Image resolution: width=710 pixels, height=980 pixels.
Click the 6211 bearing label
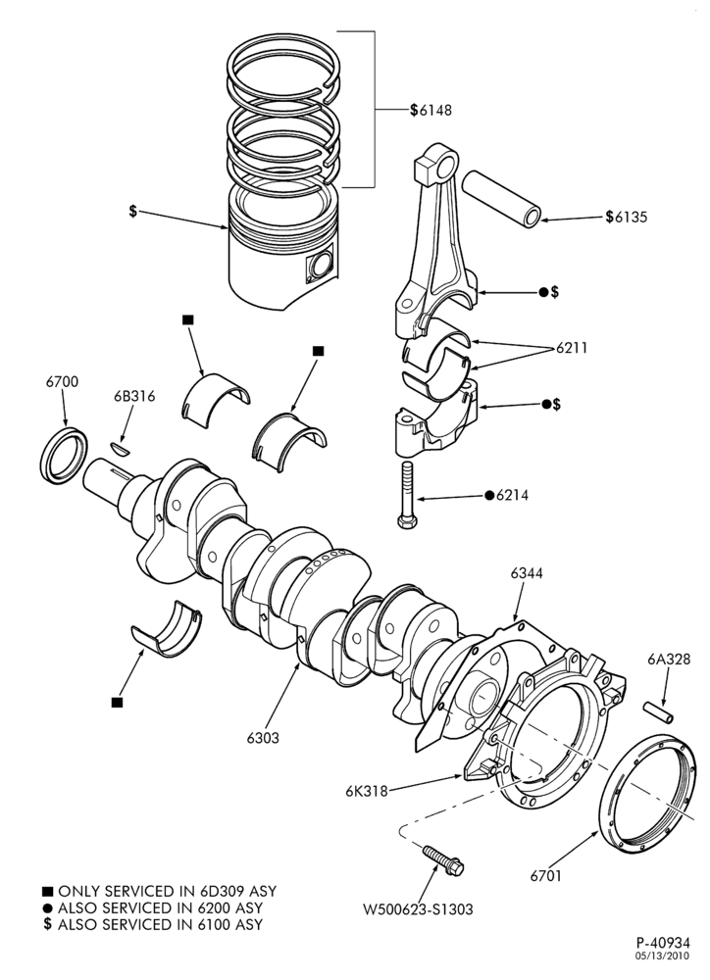coord(572,348)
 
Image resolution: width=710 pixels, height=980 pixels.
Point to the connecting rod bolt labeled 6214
coord(408,495)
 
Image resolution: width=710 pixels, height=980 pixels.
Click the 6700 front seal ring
coord(63,455)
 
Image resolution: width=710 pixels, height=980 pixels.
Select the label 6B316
coord(134,396)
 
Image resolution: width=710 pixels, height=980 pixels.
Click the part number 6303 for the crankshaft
coord(263,738)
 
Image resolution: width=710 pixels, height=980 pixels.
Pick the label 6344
coord(527,573)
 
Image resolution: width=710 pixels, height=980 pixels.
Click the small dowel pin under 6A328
coord(659,712)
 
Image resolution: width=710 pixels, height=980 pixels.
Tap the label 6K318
coord(367,791)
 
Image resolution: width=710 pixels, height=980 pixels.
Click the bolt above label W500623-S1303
coord(443,860)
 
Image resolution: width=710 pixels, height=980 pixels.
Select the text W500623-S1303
coord(419,908)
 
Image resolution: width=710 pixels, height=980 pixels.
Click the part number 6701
coord(546,876)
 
